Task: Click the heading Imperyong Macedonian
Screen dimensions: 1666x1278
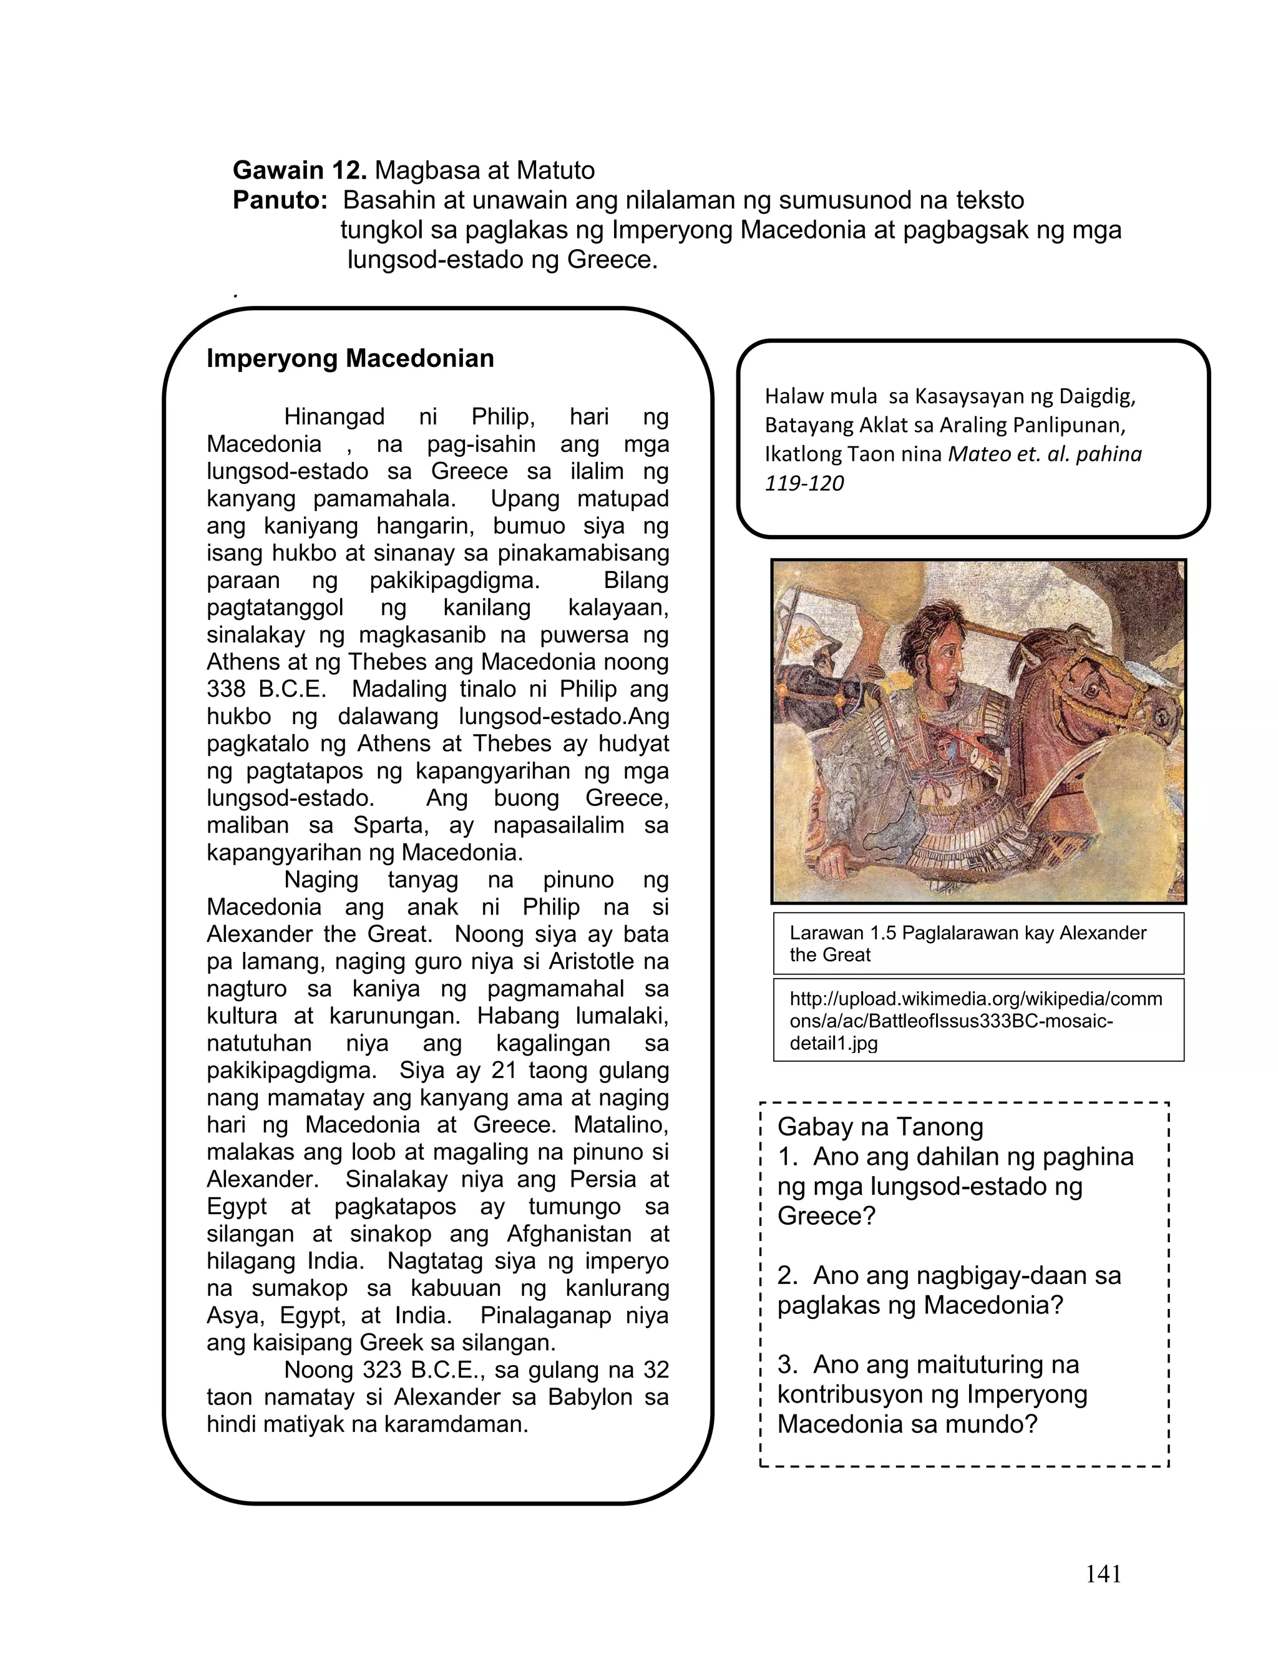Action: pyautogui.click(x=350, y=358)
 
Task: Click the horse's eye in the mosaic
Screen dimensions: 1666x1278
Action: pyautogui.click(x=1090, y=691)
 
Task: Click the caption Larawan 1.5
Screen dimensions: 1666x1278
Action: pyautogui.click(x=837, y=933)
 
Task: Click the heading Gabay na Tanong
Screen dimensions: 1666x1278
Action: pyautogui.click(x=880, y=1127)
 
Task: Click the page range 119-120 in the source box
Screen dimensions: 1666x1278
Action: pyautogui.click(x=804, y=483)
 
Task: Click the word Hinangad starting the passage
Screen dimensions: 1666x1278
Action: pyautogui.click(x=334, y=417)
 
